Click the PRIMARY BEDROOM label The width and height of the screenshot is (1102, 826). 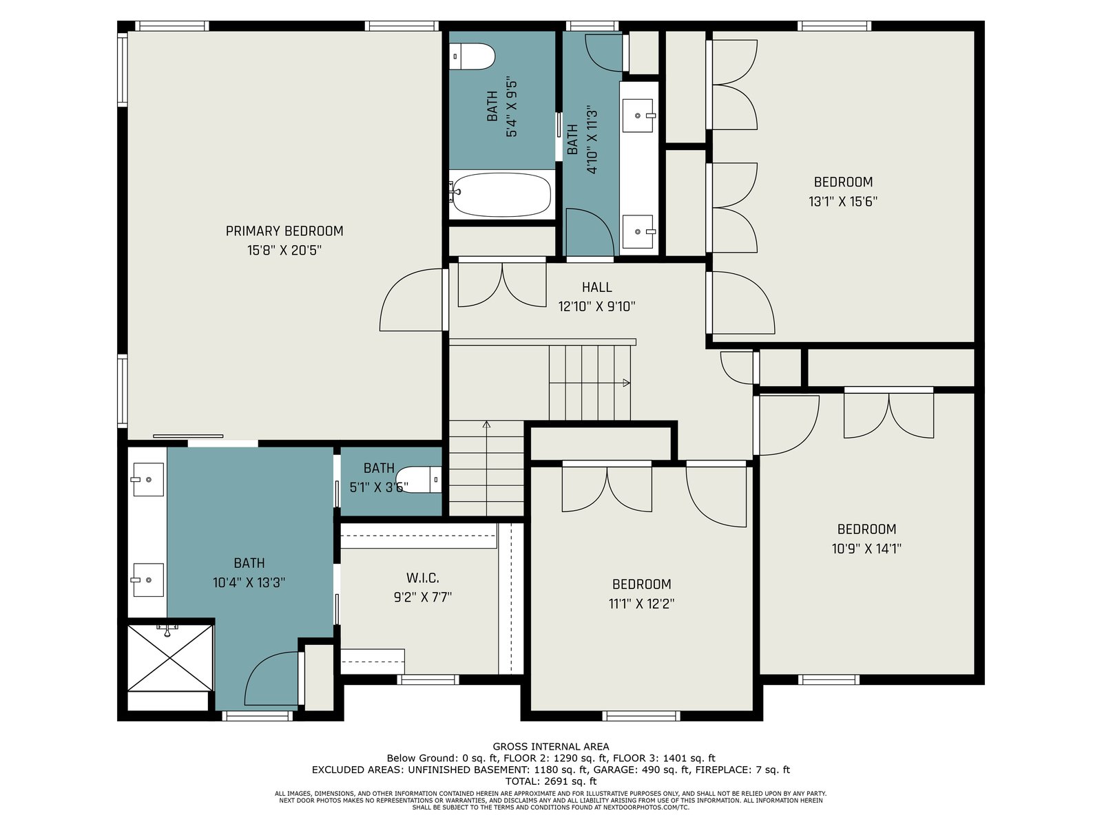pos(284,231)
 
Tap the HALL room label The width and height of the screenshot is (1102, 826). pos(597,287)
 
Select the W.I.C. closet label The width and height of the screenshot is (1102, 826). pos(423,578)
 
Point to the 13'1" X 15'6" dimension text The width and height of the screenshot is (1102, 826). pos(843,202)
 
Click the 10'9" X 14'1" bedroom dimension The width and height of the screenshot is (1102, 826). pos(866,549)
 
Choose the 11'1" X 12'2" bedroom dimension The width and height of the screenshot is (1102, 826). pos(642,604)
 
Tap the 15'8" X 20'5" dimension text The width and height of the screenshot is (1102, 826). pos(284,251)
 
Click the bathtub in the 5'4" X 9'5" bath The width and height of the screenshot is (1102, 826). pos(501,195)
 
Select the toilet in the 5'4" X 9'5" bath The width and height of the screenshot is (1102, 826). pos(472,56)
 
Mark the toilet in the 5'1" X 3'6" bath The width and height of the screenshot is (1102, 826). pos(419,480)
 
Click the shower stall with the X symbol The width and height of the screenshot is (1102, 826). pos(171,658)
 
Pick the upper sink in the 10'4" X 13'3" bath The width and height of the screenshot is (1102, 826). pos(149,480)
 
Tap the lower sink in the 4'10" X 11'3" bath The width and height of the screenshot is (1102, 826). pos(638,232)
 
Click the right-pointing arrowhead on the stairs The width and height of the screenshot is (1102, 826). pos(626,383)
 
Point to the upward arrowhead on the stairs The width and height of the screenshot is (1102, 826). pos(486,425)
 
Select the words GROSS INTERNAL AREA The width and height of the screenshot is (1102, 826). pos(551,747)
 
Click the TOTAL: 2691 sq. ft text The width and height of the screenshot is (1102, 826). pos(551,781)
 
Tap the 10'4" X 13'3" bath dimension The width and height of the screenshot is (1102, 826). pos(249,583)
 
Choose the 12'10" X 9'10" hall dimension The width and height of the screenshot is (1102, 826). pos(597,306)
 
